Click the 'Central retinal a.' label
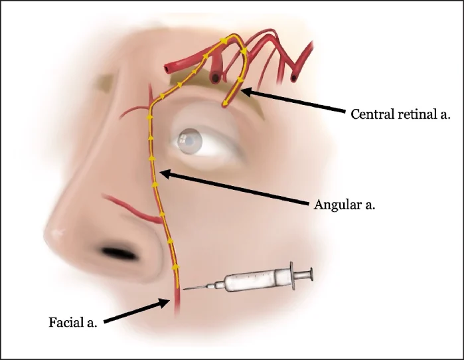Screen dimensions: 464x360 [x=400, y=114]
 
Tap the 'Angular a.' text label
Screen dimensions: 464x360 [x=345, y=205]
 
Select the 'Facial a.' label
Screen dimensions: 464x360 [x=73, y=322]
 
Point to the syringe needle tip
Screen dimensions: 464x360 [x=184, y=289]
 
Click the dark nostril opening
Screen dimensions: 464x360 [x=119, y=253]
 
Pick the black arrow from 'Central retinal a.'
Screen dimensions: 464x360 [x=293, y=100]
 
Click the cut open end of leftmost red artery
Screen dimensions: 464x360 [x=168, y=69]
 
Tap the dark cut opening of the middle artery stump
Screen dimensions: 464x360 [x=215, y=78]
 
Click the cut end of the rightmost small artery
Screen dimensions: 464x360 [x=293, y=78]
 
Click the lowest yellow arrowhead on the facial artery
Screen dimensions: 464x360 [x=176, y=267]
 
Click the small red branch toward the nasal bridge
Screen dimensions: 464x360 [x=135, y=111]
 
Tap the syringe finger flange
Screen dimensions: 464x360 [x=292, y=276]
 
